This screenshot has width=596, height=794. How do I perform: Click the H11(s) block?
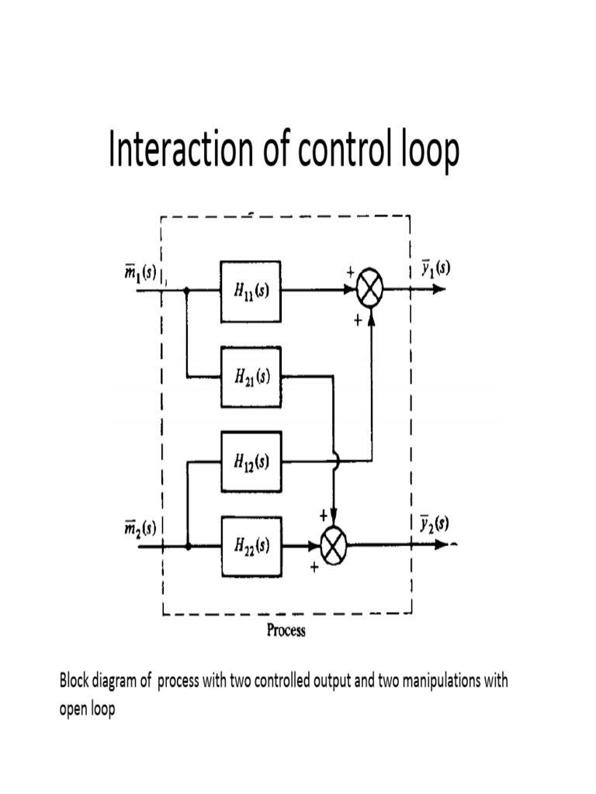pos(251,291)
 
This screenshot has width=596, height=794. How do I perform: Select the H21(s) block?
pos(251,377)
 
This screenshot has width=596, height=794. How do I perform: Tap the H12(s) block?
pos(251,461)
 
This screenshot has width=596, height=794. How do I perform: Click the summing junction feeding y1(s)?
pos(371,290)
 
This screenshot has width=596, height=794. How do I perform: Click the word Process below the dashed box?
pos(286,630)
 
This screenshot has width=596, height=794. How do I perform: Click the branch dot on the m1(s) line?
pos(188,291)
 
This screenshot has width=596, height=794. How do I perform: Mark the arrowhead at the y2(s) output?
pos(441,545)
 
